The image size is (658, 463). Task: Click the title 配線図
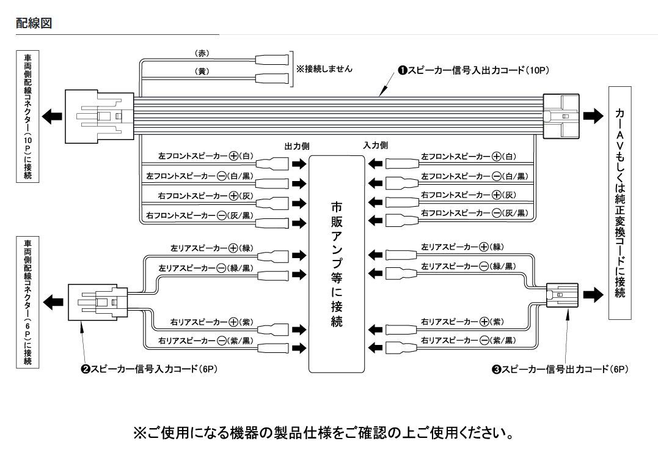33,23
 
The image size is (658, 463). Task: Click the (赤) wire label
202,53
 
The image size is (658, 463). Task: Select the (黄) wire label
202,71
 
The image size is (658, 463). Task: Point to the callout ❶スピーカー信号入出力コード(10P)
473,70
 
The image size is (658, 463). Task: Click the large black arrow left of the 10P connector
51,116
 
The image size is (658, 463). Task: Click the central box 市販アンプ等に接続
337,264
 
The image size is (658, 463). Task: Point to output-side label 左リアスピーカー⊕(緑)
212,248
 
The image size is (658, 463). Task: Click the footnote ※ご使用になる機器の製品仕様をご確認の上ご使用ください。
323,433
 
